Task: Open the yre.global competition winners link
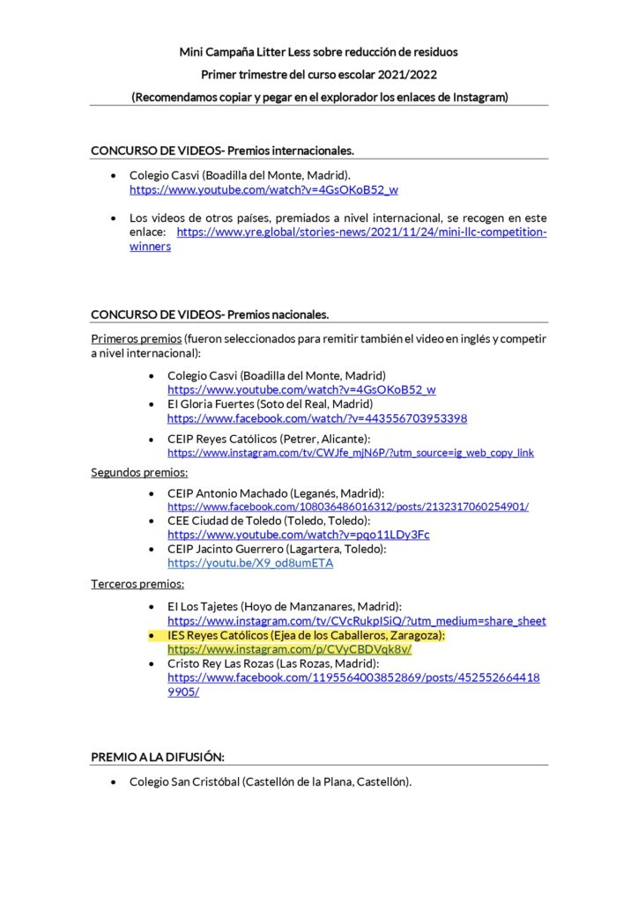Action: (x=361, y=233)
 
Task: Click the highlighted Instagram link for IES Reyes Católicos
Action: (x=289, y=649)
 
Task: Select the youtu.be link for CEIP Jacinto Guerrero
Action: (x=250, y=563)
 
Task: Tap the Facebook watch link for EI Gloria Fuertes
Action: (x=317, y=418)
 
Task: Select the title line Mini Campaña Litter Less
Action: (x=318, y=52)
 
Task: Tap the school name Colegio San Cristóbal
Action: (x=184, y=781)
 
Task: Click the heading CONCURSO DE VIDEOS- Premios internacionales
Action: (x=223, y=151)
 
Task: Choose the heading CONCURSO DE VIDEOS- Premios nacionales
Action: (x=210, y=314)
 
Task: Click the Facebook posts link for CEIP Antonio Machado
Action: (x=348, y=507)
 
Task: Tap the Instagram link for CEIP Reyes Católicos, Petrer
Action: (x=351, y=453)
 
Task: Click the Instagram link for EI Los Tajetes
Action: (x=356, y=621)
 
